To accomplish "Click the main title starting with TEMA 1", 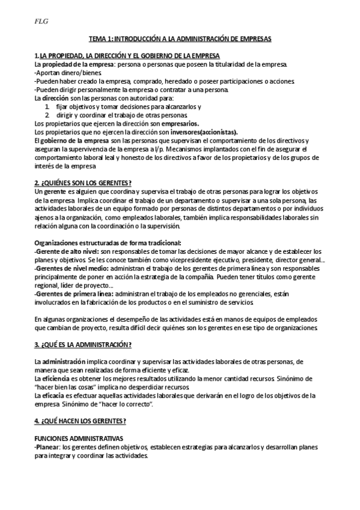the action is pyautogui.click(x=180, y=39).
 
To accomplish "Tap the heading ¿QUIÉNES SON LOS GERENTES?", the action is pyautogui.click(x=83, y=183).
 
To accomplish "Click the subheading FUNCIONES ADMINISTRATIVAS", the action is pyautogui.click(x=79, y=438).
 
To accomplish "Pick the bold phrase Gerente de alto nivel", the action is pyautogui.click(x=67, y=251).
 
